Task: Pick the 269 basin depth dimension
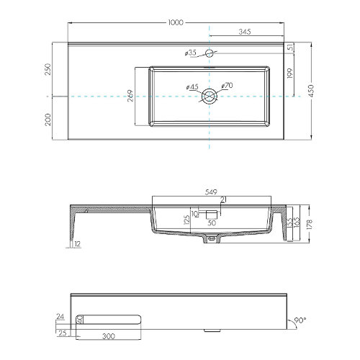pyautogui.click(x=130, y=96)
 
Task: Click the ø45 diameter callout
pyautogui.click(x=192, y=87)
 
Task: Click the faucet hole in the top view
pyautogui.click(x=209, y=53)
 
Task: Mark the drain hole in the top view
pyautogui.click(x=209, y=96)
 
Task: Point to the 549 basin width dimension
pyautogui.click(x=210, y=193)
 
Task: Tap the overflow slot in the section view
pyautogui.click(x=211, y=214)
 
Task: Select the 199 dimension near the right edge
pyautogui.click(x=289, y=74)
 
